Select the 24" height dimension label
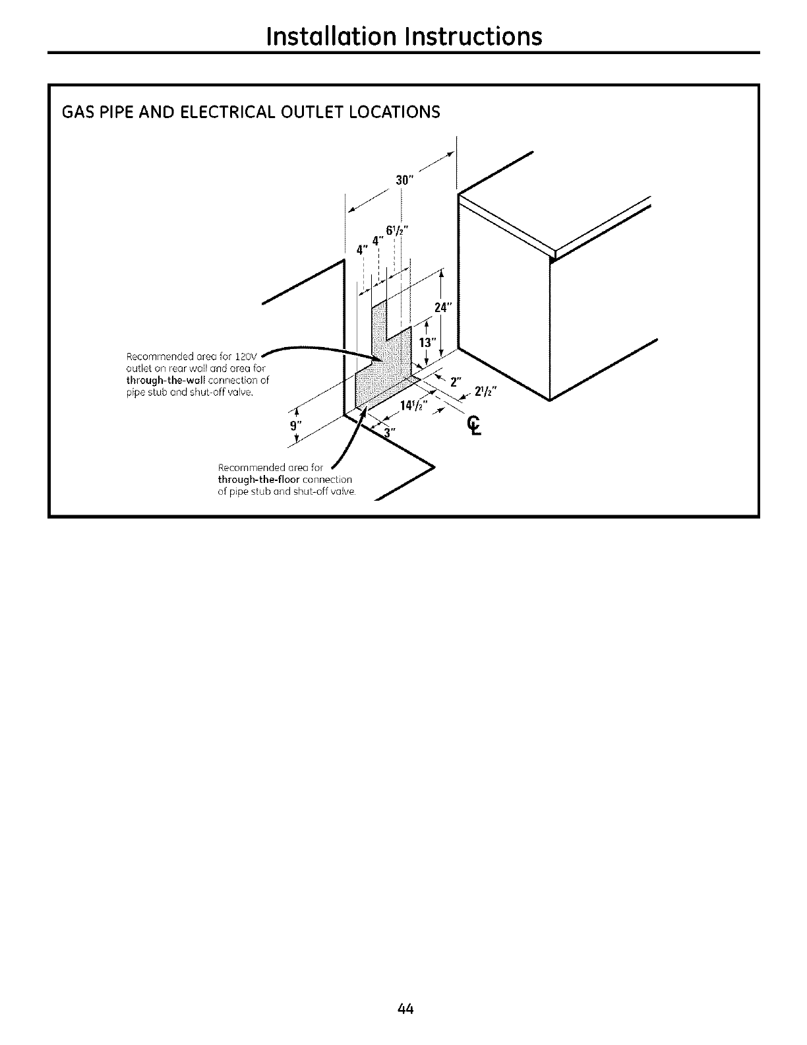[441, 307]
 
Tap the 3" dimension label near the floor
[390, 432]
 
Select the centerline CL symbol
[473, 426]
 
